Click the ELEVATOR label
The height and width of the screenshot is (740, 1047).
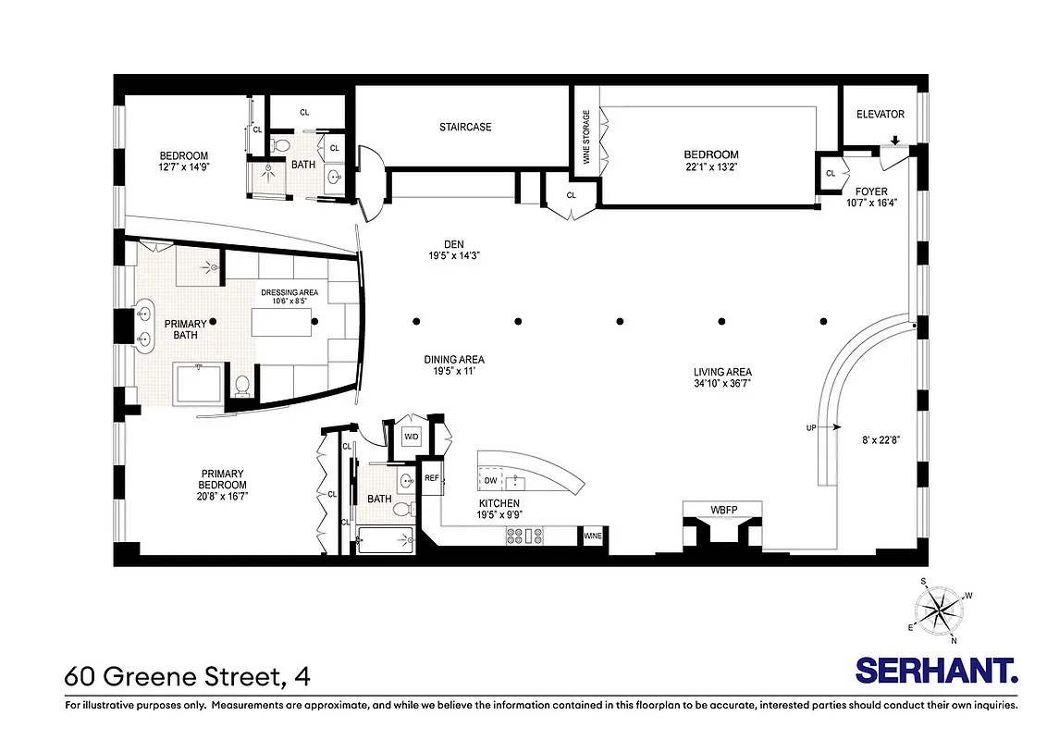[x=880, y=115]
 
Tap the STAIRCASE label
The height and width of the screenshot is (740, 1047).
[x=465, y=127]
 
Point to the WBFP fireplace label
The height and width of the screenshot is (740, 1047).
[x=722, y=509]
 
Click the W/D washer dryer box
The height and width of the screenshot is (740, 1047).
[x=411, y=437]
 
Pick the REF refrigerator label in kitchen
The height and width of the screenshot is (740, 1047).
[x=431, y=478]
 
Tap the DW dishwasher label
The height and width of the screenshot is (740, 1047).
[x=490, y=481]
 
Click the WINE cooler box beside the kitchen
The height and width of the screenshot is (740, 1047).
[x=592, y=536]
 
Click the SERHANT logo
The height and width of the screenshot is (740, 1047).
[x=936, y=671]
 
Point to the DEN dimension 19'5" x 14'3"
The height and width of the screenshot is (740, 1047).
[x=453, y=255]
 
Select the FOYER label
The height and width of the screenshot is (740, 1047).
[x=870, y=191]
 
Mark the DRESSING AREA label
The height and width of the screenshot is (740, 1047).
[x=289, y=292]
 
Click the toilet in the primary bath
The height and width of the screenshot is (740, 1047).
[x=242, y=386]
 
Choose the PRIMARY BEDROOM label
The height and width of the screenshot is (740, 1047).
[x=223, y=485]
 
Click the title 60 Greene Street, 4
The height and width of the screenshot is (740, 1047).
[x=187, y=676]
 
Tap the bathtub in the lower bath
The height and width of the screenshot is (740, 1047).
[x=384, y=539]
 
